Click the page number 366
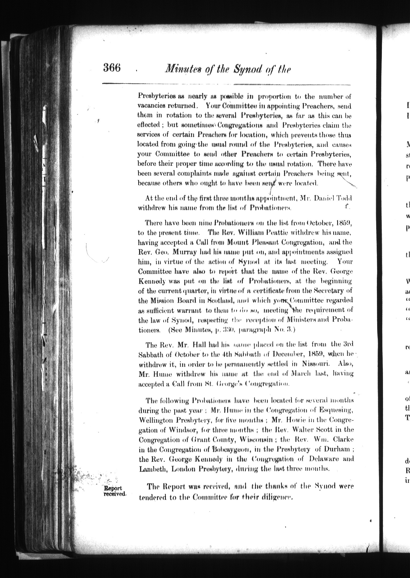(x=112, y=68)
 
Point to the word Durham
(x=336, y=449)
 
